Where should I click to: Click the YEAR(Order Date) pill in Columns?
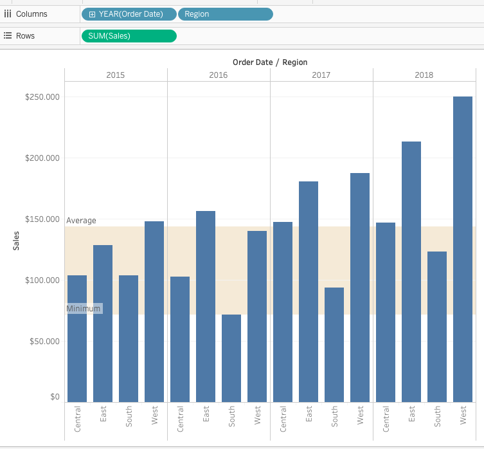(x=129, y=14)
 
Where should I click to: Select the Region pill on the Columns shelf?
(x=226, y=14)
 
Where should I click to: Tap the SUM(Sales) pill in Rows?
(x=129, y=36)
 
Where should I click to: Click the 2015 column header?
(x=116, y=75)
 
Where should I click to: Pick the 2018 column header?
(x=424, y=75)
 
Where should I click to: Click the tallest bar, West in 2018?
(x=463, y=249)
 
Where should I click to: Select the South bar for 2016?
(x=231, y=358)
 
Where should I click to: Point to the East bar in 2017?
(x=309, y=291)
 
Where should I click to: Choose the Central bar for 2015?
(x=77, y=339)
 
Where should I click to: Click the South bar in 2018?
(x=437, y=327)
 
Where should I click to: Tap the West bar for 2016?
(x=257, y=316)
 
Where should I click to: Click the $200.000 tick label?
(x=42, y=158)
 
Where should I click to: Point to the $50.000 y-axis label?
(x=44, y=341)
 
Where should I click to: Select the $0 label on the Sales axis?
(x=55, y=396)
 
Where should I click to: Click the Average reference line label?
(x=81, y=221)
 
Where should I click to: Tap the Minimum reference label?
(x=84, y=308)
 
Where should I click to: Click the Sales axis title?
(x=16, y=241)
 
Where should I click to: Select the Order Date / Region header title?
(x=270, y=62)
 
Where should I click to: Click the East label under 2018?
(x=411, y=414)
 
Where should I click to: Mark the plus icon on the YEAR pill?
(x=92, y=14)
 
